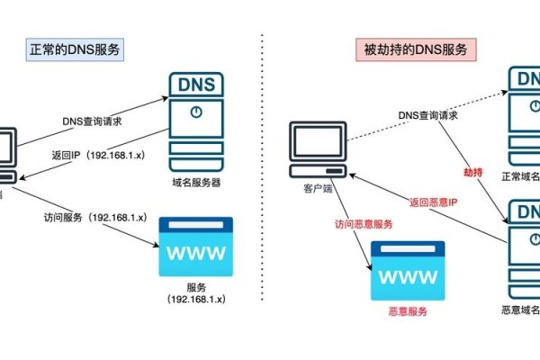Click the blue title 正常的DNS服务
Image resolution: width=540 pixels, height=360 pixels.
point(71,49)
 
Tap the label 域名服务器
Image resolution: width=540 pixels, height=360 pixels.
point(195,182)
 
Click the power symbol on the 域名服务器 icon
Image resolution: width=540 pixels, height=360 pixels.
point(195,115)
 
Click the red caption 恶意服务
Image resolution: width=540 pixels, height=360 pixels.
point(407,312)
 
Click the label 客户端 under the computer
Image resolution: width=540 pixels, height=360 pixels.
point(306,191)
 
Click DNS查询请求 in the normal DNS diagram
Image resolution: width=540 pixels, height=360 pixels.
point(93,121)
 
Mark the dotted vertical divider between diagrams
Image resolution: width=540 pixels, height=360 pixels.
point(261,180)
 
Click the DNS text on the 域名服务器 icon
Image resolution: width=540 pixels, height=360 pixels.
point(195,85)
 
